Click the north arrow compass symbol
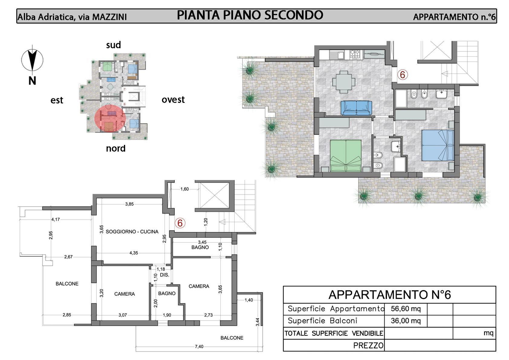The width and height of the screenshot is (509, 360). (32, 60)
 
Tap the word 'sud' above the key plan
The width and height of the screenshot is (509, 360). (113, 45)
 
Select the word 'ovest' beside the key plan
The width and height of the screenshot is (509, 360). (173, 100)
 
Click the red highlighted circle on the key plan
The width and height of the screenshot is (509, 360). (110, 118)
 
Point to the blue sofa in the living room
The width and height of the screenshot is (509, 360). (356, 108)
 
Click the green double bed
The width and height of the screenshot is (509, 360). (345, 156)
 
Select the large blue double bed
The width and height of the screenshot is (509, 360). (438, 145)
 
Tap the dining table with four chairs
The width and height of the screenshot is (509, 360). (344, 82)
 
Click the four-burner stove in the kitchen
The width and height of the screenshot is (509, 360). (355, 55)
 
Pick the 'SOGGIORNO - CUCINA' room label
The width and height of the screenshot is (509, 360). (132, 232)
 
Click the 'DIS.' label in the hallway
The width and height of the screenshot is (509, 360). (164, 275)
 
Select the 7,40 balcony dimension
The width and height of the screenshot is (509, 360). (199, 347)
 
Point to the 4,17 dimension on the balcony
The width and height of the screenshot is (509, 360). (55, 219)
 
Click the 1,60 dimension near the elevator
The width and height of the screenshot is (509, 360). (184, 189)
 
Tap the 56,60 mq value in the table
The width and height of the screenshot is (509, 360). (406, 309)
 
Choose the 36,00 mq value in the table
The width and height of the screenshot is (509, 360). (406, 321)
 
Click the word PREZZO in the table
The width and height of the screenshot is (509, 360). (368, 346)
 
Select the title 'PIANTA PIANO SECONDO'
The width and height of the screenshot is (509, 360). (250, 15)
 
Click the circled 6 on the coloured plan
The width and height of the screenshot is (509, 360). (402, 75)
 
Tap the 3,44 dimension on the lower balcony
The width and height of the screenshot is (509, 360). (258, 322)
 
